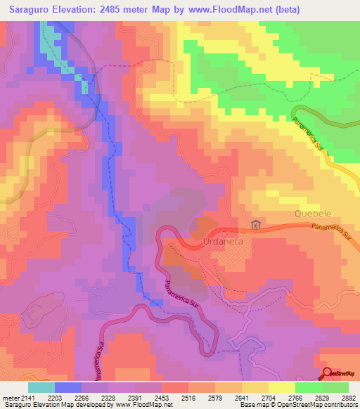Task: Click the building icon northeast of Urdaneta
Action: click(x=255, y=226)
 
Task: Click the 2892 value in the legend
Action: click(x=349, y=398)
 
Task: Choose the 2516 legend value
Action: click(x=188, y=398)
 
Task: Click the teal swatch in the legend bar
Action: click(x=41, y=387)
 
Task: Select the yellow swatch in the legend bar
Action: click(x=281, y=387)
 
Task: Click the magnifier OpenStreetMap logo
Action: click(x=328, y=372)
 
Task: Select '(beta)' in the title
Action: click(x=285, y=10)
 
